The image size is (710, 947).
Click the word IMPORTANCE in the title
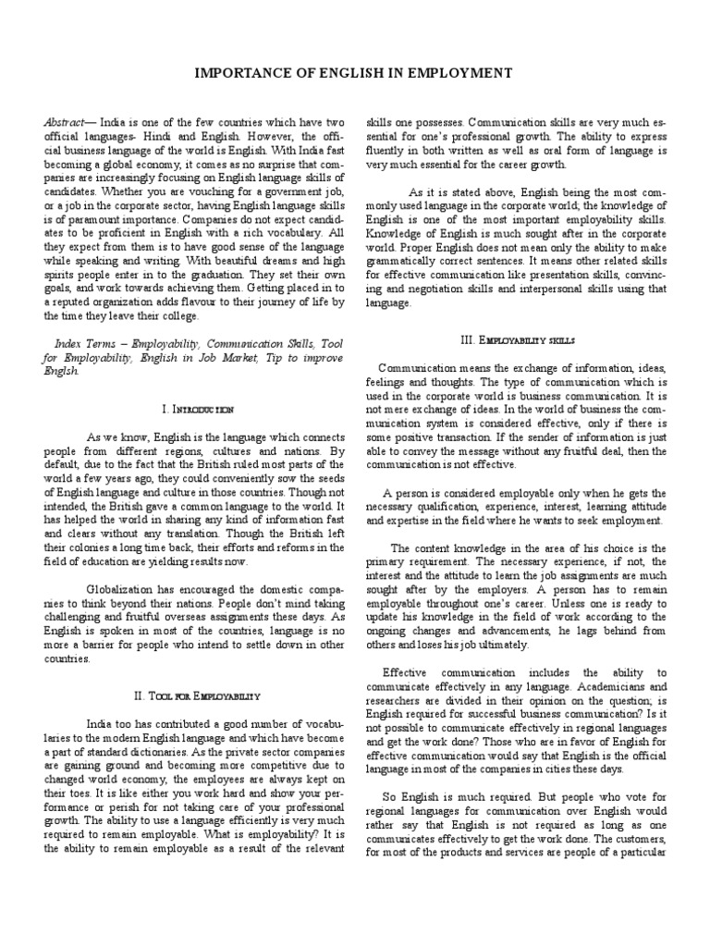coord(244,72)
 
